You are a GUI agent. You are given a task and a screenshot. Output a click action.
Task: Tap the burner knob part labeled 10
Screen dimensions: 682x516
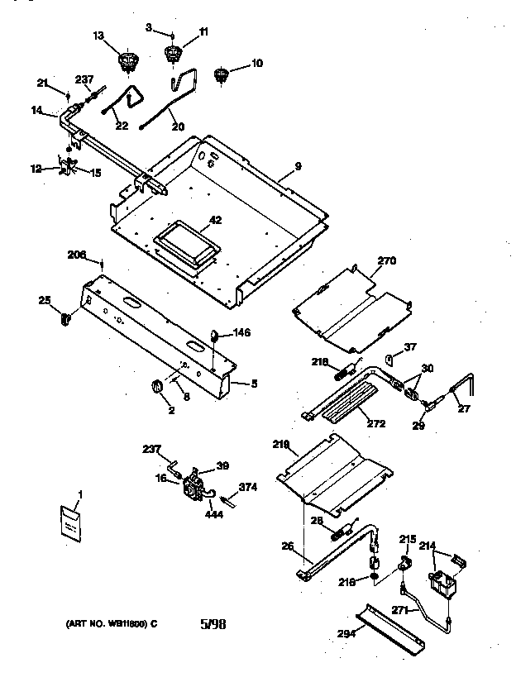(x=220, y=76)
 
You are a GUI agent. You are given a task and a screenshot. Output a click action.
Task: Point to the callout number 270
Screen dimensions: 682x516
(x=387, y=260)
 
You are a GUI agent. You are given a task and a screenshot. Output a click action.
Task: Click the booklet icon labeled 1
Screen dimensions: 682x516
(x=73, y=522)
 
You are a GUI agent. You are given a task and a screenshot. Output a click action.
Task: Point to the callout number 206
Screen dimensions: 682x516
(x=77, y=255)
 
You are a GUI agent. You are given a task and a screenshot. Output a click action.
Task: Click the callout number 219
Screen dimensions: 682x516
(x=281, y=445)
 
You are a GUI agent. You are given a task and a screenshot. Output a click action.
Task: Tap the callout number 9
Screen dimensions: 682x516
(x=298, y=166)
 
